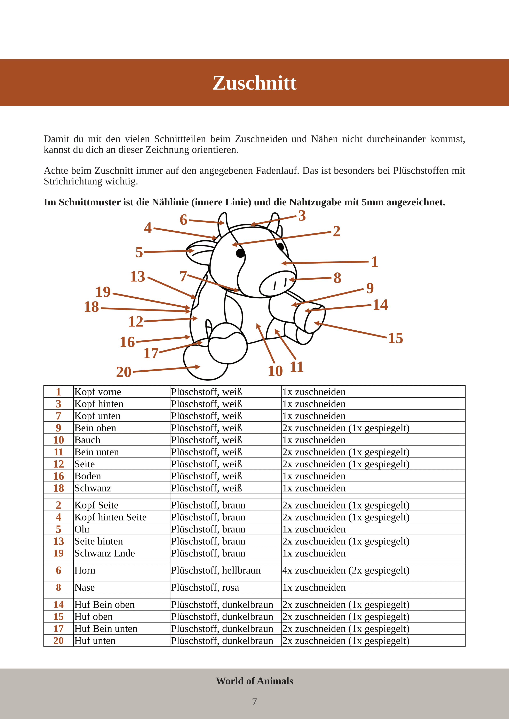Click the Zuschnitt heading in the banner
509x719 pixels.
coord(254,83)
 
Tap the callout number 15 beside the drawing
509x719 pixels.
coord(396,338)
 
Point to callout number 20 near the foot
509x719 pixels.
coord(124,372)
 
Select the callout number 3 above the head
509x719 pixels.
coord(302,216)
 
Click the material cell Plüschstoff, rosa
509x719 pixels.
coord(205,587)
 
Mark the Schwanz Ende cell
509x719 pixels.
coord(105,553)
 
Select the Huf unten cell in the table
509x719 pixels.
coord(95,641)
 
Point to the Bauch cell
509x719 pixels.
coord(87,440)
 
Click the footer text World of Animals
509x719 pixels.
coord(254,681)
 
